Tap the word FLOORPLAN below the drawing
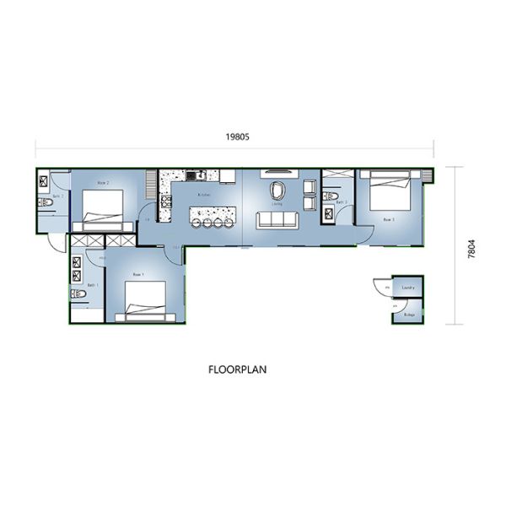point(238,369)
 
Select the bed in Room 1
point(150,299)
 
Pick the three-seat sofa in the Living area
point(277,220)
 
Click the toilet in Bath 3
point(335,201)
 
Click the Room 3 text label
point(389,218)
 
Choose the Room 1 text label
point(138,275)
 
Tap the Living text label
point(277,204)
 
